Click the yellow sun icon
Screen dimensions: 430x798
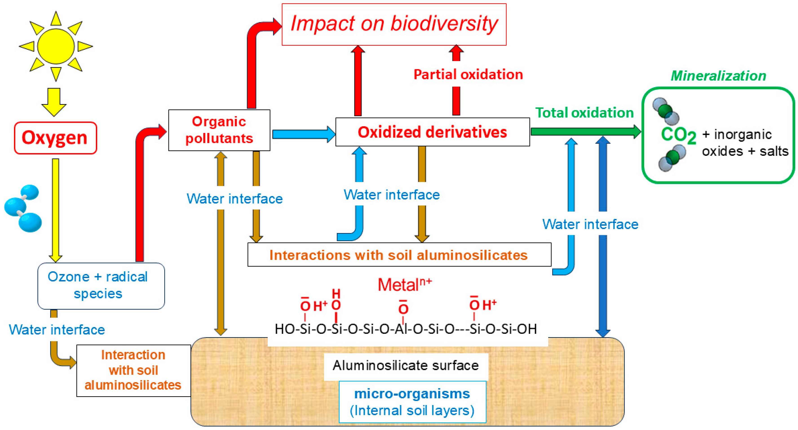[56, 47]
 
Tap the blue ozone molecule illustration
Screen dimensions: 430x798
[23, 208]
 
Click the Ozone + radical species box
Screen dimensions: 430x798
[101, 285]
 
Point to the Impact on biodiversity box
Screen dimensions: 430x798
[394, 24]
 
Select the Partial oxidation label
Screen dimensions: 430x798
[468, 75]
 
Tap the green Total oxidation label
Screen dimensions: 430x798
[584, 113]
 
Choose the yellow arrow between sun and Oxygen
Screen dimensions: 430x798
[54, 102]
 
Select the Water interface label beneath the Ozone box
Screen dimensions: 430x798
[57, 330]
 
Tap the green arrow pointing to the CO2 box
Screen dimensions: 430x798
[586, 131]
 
